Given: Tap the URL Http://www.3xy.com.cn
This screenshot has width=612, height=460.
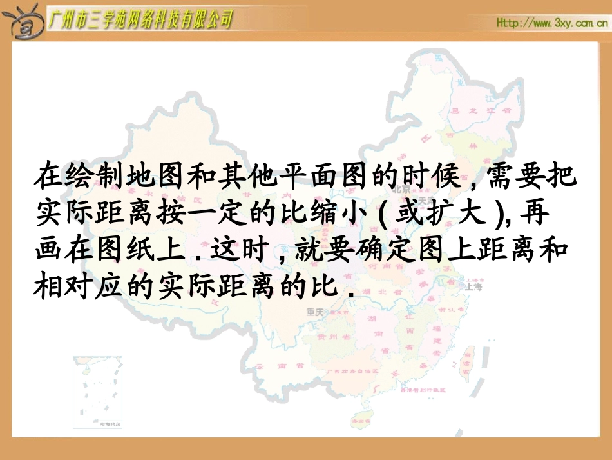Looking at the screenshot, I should [x=552, y=23].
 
